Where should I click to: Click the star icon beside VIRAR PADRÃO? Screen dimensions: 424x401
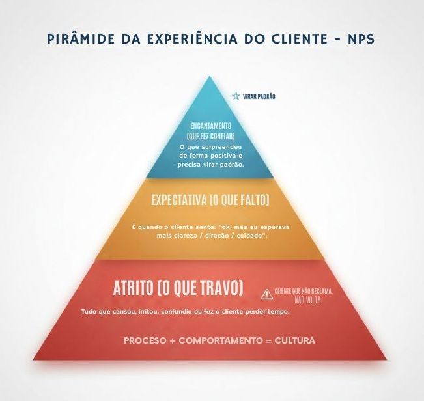236,96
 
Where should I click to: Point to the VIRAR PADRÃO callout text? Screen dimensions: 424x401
259,96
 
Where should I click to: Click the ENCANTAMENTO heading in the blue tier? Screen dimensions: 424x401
211,126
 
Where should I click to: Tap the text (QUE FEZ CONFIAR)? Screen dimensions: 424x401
210,136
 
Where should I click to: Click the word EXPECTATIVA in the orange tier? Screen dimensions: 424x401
178,200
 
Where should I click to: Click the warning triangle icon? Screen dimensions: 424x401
267,294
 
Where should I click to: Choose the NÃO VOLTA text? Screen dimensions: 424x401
307,300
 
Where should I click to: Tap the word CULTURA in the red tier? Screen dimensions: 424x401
295,340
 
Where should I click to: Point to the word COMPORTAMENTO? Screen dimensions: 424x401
221,340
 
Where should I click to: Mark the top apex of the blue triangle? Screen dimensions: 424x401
210,76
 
